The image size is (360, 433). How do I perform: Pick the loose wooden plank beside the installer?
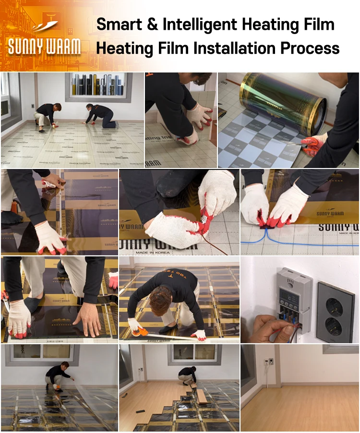point(202,396)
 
